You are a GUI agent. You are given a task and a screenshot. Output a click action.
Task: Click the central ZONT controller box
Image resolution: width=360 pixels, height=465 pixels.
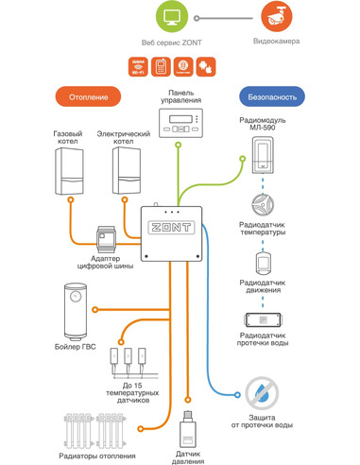click(172, 232)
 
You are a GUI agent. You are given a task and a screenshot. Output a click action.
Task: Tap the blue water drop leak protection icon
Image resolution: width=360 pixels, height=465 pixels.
click(257, 390)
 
